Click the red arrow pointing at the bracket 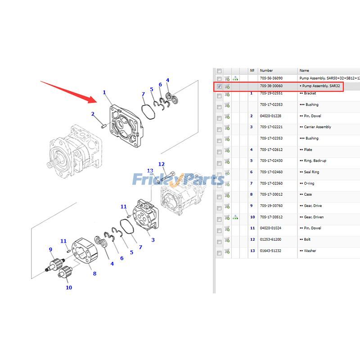pos(67,91)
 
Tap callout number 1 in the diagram pos(104,93)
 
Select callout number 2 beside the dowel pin pos(93,114)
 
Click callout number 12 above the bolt pos(161,164)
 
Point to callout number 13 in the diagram pos(150,171)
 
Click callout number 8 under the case pos(94,274)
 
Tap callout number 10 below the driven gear pos(69,288)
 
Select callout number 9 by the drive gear pos(50,249)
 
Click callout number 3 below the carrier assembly pos(153,240)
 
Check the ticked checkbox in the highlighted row pos(219,86)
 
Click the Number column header pos(266,71)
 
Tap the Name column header pos(305,71)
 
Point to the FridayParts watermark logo pos(178,180)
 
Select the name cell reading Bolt pos(307,239)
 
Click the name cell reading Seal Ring pos(311,172)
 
